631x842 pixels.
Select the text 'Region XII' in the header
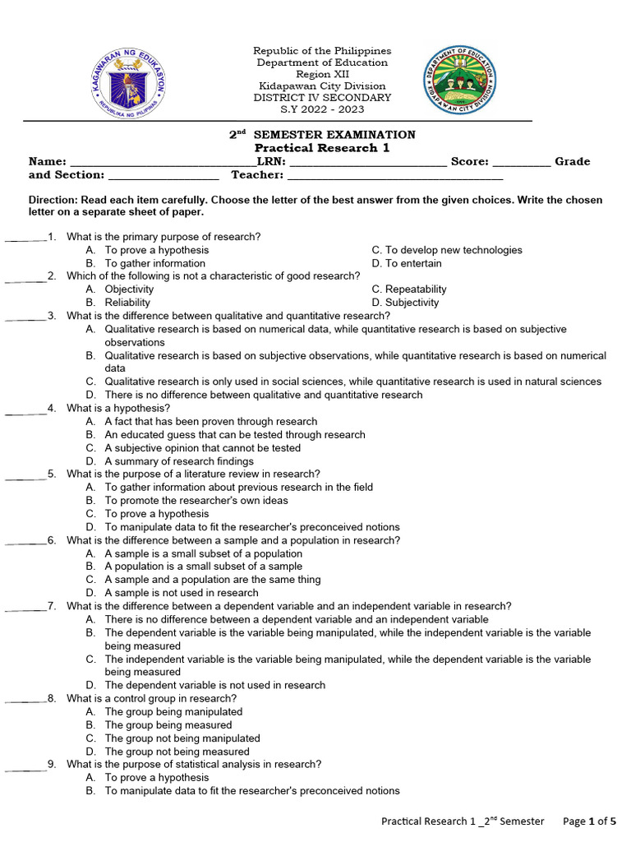(322, 75)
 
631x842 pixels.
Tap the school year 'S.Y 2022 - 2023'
(322, 109)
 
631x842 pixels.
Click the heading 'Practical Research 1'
(322, 148)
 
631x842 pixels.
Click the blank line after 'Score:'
(522, 163)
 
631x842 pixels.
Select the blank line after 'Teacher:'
(395, 176)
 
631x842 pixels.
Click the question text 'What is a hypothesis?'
(118, 408)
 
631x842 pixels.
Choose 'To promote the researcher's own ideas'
(196, 501)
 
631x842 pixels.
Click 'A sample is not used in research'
(182, 593)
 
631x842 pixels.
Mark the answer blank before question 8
(25, 700)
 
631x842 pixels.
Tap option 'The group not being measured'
(177, 752)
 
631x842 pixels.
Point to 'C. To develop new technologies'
(447, 250)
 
